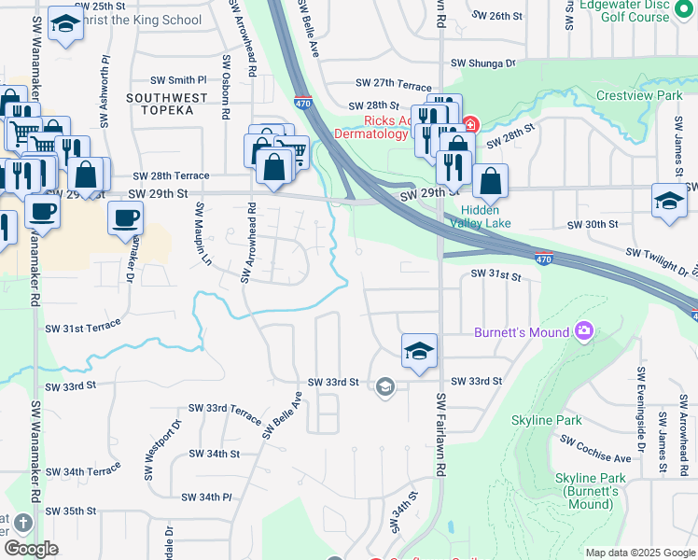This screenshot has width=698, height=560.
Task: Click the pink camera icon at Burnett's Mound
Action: point(585,330)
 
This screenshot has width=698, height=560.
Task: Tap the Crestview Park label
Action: point(639,96)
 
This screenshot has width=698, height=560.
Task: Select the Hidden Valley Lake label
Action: point(481,217)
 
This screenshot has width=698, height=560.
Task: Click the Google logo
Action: point(31,549)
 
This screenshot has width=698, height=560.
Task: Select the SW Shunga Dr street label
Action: point(482,63)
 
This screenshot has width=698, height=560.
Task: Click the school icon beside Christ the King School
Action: point(65,24)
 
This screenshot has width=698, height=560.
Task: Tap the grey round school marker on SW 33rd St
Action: point(384,385)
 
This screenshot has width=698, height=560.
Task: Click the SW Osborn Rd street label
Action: point(226,90)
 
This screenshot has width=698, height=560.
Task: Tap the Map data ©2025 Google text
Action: point(639,553)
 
